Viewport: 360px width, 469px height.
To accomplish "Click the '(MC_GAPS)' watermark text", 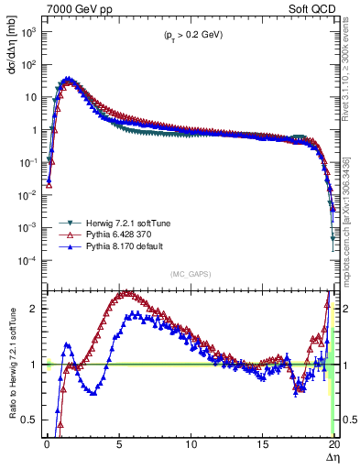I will [x=191, y=273].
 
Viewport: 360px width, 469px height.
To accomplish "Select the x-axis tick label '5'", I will [x=119, y=444].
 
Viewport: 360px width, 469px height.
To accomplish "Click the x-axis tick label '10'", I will [x=191, y=444].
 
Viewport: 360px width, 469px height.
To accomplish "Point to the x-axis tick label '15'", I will [x=263, y=444].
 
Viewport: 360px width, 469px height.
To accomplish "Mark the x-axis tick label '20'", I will [x=334, y=444].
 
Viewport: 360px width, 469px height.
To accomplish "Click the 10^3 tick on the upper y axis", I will [x=29, y=31].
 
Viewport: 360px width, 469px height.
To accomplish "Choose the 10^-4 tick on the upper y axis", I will [x=29, y=260].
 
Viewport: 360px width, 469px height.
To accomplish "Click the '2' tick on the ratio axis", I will [x=35, y=309].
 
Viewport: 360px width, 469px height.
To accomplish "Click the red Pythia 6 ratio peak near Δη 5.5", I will [x=126, y=294].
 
